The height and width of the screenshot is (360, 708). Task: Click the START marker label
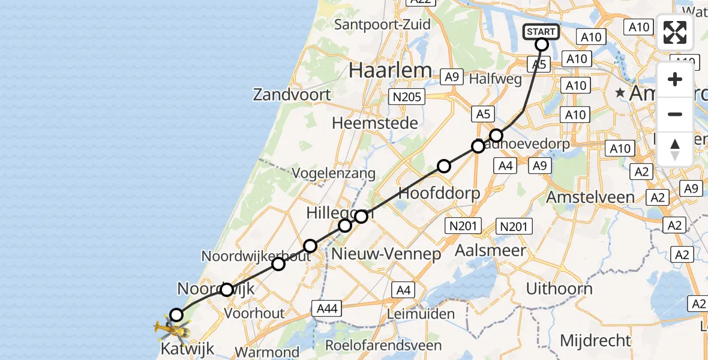tap(541, 31)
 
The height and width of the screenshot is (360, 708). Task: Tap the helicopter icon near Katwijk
tap(172, 328)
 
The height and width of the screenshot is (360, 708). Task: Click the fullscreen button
tap(675, 32)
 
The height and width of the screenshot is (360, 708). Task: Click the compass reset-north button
tap(675, 149)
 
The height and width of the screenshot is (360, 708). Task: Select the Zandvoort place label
tap(292, 94)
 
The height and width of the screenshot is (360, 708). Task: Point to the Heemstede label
tap(374, 124)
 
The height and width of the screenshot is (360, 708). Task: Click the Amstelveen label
tap(590, 197)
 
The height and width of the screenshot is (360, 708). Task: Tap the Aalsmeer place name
tap(490, 250)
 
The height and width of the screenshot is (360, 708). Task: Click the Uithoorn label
tap(559, 289)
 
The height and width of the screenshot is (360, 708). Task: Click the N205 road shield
tap(407, 96)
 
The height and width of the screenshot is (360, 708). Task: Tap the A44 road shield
tap(327, 308)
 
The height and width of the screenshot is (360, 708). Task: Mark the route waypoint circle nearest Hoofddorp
tap(443, 166)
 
